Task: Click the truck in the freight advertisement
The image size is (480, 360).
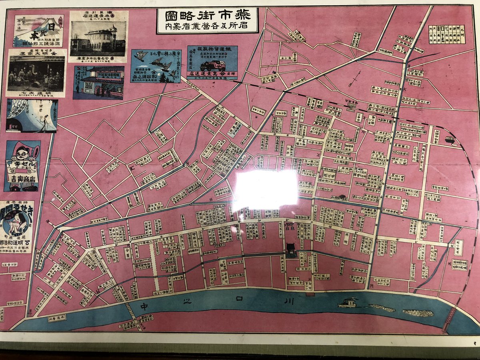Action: pos(212,65)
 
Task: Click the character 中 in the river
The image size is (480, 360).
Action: pos(145,306)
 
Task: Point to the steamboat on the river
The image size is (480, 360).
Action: pos(348,303)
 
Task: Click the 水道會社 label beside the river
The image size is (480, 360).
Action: pos(58,319)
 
